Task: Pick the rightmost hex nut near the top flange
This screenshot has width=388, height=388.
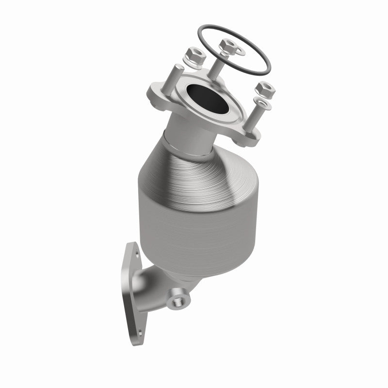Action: (x=265, y=89)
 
